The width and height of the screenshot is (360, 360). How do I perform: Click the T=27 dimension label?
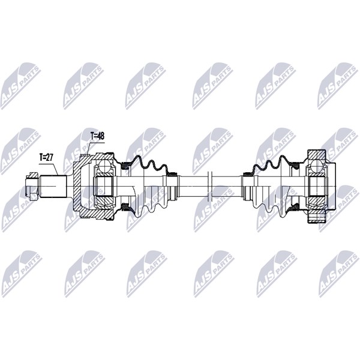pos(46,157)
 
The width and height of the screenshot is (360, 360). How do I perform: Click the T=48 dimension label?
pos(97,136)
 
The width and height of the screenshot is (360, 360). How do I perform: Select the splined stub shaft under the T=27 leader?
pos(53,186)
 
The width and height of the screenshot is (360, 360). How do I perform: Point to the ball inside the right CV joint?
pos(317,166)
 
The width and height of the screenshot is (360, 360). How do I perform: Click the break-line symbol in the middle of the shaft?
pos(210,186)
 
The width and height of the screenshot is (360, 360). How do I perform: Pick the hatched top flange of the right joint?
pos(317,155)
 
